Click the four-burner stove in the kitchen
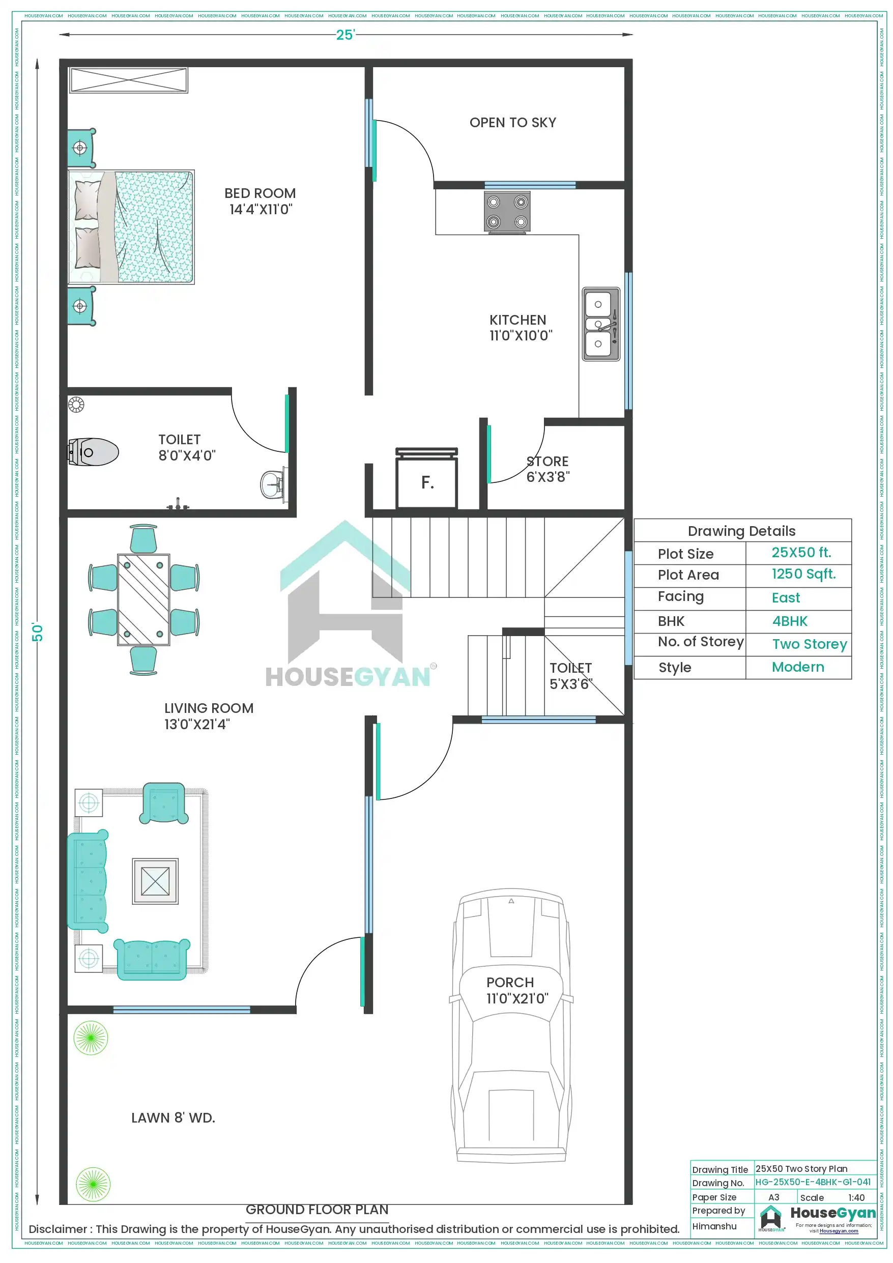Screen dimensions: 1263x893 coord(507,212)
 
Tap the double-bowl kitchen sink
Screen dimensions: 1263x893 coord(601,324)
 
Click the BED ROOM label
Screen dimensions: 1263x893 coord(260,201)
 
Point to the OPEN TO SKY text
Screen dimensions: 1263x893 coord(512,123)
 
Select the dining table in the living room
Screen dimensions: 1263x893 coord(143,599)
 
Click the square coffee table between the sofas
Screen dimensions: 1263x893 coord(155,881)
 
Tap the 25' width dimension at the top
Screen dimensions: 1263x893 coord(345,35)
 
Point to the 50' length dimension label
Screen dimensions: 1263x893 coord(37,632)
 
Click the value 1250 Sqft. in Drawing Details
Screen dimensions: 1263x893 coord(803,573)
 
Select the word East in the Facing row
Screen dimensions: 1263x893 coord(786,597)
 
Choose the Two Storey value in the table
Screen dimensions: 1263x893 coord(810,644)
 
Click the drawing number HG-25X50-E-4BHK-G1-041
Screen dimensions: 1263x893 coord(813,1182)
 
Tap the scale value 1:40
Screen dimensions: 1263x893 coord(856,1197)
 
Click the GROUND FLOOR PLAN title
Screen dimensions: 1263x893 coord(317,1210)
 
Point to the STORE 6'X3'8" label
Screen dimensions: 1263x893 coord(548,469)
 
